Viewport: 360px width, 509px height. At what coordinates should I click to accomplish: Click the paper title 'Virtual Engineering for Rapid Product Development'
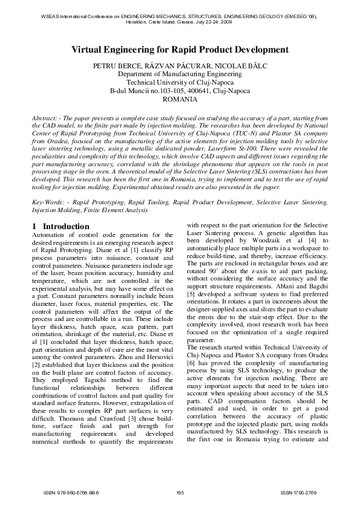point(180,50)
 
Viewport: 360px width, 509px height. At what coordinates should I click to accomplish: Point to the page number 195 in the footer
point(180,493)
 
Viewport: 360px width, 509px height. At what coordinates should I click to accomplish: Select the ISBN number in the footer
point(71,493)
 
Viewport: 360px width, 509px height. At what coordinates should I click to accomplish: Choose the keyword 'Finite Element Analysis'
point(98,209)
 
